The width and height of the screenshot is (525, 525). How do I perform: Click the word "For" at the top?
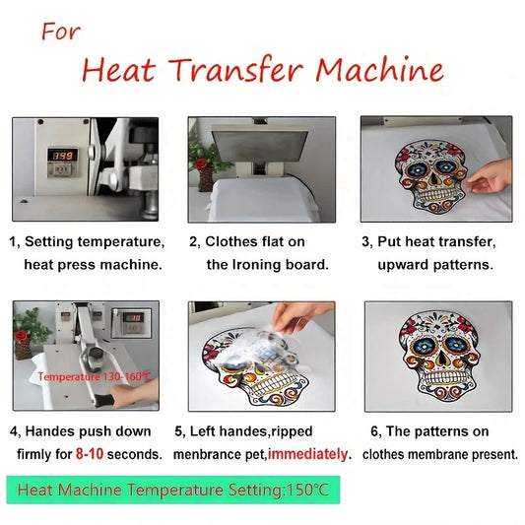(x=61, y=32)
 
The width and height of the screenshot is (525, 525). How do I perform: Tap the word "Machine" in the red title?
(x=379, y=70)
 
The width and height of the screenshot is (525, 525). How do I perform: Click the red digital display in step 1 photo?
(x=63, y=156)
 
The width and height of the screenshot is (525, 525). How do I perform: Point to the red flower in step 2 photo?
(x=202, y=164)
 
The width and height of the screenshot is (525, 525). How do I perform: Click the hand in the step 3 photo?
(x=491, y=176)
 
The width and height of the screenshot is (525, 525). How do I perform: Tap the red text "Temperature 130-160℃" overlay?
(x=95, y=376)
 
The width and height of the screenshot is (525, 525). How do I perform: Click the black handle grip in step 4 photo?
(x=104, y=400)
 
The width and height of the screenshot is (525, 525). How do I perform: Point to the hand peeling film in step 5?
(x=301, y=315)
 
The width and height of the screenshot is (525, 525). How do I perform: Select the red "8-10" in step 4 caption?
(x=90, y=454)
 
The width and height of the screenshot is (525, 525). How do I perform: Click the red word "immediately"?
(x=307, y=454)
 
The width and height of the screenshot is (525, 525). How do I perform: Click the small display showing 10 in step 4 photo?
(x=133, y=317)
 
